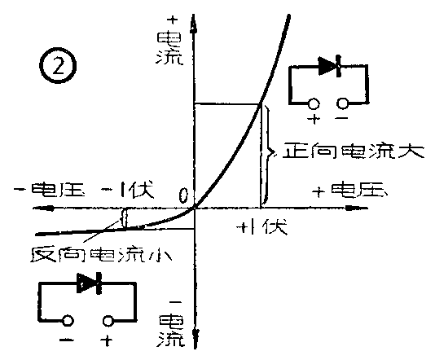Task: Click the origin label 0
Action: point(184,195)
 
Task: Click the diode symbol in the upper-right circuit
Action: point(330,66)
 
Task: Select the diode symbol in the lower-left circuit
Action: point(89,283)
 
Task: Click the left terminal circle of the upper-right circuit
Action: point(314,103)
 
